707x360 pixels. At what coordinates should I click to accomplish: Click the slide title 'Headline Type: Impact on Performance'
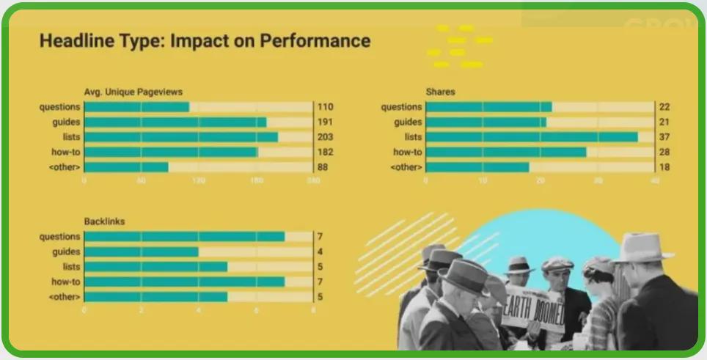click(205, 40)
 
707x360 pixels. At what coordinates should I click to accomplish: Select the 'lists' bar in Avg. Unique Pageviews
click(180, 137)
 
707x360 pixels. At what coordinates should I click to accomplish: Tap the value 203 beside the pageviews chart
click(325, 137)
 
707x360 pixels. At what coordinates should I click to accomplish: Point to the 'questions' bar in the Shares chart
click(488, 107)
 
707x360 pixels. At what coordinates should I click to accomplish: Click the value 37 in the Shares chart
click(664, 137)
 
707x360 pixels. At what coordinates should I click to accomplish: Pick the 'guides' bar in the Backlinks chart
click(141, 251)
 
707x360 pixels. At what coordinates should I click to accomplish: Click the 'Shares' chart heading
click(440, 92)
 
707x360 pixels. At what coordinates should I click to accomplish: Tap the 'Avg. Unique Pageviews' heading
click(133, 92)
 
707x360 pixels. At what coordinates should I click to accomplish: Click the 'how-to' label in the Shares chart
click(407, 152)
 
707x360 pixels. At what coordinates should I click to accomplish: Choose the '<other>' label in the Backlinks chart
click(64, 297)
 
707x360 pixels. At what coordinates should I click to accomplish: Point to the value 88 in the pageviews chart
click(323, 167)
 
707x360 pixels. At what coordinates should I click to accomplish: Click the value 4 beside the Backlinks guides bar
click(320, 251)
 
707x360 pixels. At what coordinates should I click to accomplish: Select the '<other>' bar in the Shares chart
click(477, 167)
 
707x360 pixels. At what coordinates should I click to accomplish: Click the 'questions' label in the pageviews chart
click(60, 107)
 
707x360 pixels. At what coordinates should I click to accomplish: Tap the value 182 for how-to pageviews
click(325, 152)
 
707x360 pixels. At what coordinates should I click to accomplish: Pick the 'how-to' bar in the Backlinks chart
click(184, 282)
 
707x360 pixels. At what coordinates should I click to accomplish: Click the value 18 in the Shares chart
click(664, 167)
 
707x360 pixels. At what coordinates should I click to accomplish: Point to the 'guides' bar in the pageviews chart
click(175, 122)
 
